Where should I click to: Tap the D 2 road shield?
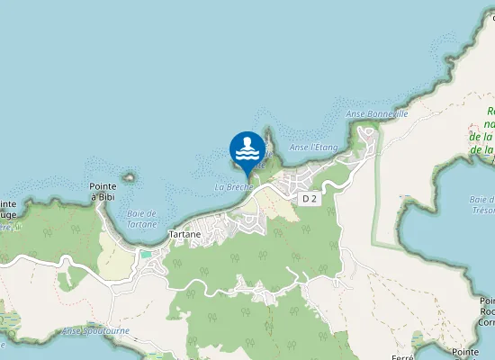[x=310, y=198]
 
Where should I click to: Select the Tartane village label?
[x=185, y=234]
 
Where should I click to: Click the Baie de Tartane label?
[x=141, y=219]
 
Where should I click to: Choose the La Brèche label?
[x=233, y=187]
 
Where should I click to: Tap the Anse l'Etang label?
[x=313, y=147]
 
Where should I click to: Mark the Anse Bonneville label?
[x=377, y=115]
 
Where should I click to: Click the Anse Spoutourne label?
[x=95, y=331]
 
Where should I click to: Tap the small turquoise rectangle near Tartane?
[x=146, y=255]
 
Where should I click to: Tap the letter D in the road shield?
[x=306, y=198]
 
